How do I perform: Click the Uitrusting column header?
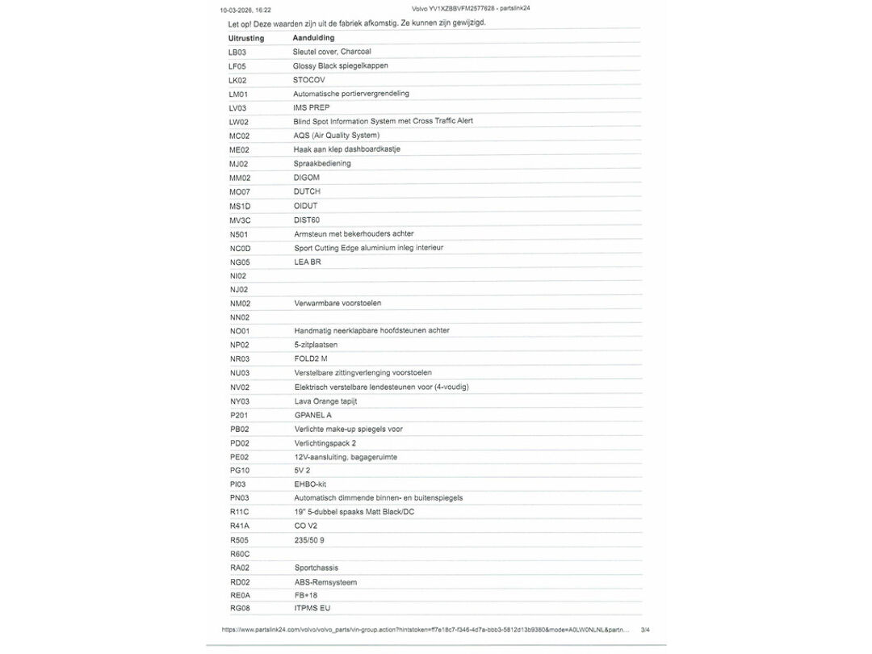[x=246, y=38]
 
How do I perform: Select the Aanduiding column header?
[x=313, y=38]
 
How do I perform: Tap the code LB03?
[x=237, y=52]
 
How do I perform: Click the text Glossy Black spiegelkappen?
[x=340, y=65]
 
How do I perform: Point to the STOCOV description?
[x=309, y=80]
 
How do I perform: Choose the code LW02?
[x=239, y=122]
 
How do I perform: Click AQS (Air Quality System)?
[x=336, y=135]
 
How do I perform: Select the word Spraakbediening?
[x=322, y=163]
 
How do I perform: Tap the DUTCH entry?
[x=307, y=191]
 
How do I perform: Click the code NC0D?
[x=240, y=248]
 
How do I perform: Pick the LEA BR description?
[x=308, y=262]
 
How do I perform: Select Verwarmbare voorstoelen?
[x=337, y=303]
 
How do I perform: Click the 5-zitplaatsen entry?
[x=316, y=345]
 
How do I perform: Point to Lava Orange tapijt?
[x=325, y=400]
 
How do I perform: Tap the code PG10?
[x=240, y=470]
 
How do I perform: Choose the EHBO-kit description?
[x=310, y=484]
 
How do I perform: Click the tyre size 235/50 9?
[x=309, y=540]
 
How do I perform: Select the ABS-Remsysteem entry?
[x=325, y=582]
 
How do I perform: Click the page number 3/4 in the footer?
[x=645, y=629]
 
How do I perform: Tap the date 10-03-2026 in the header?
[x=235, y=10]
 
